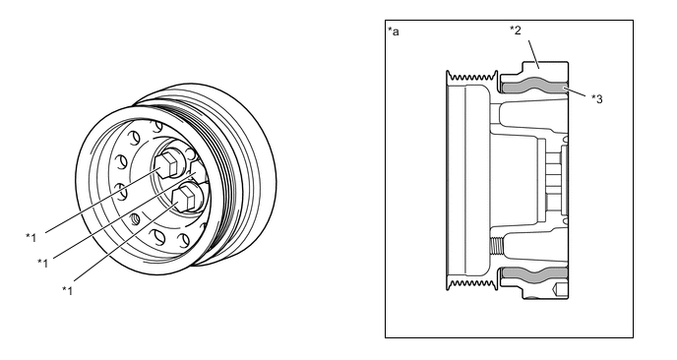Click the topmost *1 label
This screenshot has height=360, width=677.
[31, 237]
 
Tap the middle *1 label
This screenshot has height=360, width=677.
[42, 263]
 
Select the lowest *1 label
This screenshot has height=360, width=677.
[67, 290]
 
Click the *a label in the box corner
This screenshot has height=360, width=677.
[394, 31]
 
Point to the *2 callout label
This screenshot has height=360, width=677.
[516, 30]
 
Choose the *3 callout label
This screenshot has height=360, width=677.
[597, 98]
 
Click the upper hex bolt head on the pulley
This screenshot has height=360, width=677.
[167, 163]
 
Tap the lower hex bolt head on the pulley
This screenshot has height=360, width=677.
[186, 197]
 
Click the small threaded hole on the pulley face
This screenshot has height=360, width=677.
[135, 218]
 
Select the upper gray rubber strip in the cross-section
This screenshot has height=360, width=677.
[535, 87]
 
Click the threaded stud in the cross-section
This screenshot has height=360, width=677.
[497, 246]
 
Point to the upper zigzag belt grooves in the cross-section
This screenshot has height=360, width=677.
[472, 78]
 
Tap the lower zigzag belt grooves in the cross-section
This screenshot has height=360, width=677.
[472, 283]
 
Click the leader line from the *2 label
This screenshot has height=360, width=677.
[533, 54]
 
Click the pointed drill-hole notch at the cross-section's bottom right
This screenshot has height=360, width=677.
[560, 289]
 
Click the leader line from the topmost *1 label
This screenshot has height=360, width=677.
[102, 201]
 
